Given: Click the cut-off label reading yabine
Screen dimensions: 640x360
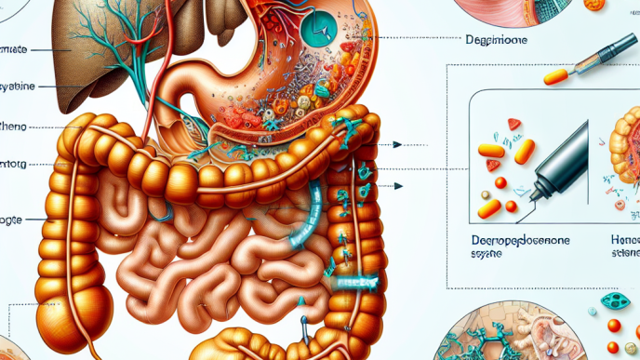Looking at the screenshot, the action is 18,85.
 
